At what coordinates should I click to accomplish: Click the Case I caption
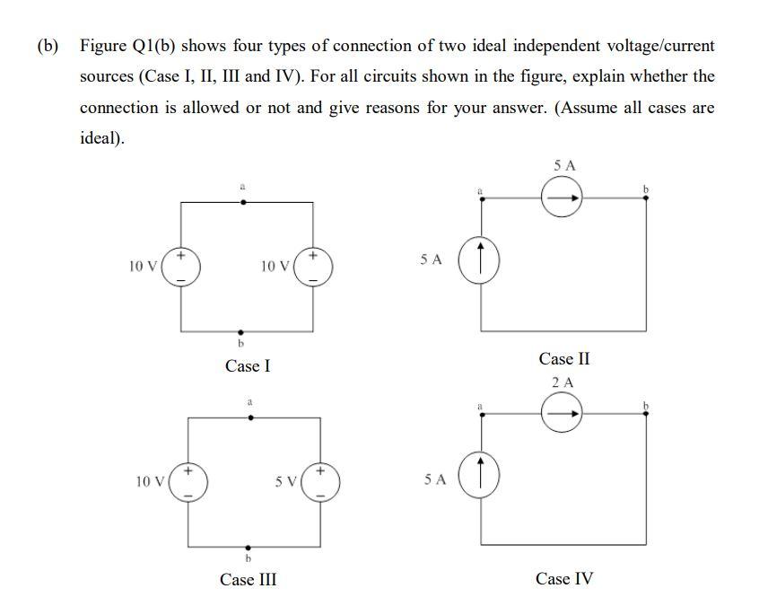(248, 365)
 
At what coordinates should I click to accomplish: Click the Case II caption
(564, 358)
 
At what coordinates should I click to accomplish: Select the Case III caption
(248, 579)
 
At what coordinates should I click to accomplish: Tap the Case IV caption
(564, 578)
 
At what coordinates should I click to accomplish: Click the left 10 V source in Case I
(181, 267)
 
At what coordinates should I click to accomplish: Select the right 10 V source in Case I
(312, 267)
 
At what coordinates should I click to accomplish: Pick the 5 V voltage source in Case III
(320, 482)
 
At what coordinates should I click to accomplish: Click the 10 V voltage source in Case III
(188, 482)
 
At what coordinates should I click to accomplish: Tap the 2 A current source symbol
(562, 414)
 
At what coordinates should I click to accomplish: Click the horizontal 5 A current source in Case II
(562, 198)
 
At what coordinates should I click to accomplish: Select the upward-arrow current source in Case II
(482, 259)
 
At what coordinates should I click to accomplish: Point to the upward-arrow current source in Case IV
(482, 477)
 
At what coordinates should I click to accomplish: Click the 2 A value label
(563, 382)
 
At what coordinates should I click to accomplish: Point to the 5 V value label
(286, 481)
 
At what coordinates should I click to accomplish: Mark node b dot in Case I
(240, 331)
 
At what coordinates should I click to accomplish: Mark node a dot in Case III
(250, 417)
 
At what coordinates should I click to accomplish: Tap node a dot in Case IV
(483, 415)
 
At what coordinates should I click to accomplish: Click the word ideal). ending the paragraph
(102, 139)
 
